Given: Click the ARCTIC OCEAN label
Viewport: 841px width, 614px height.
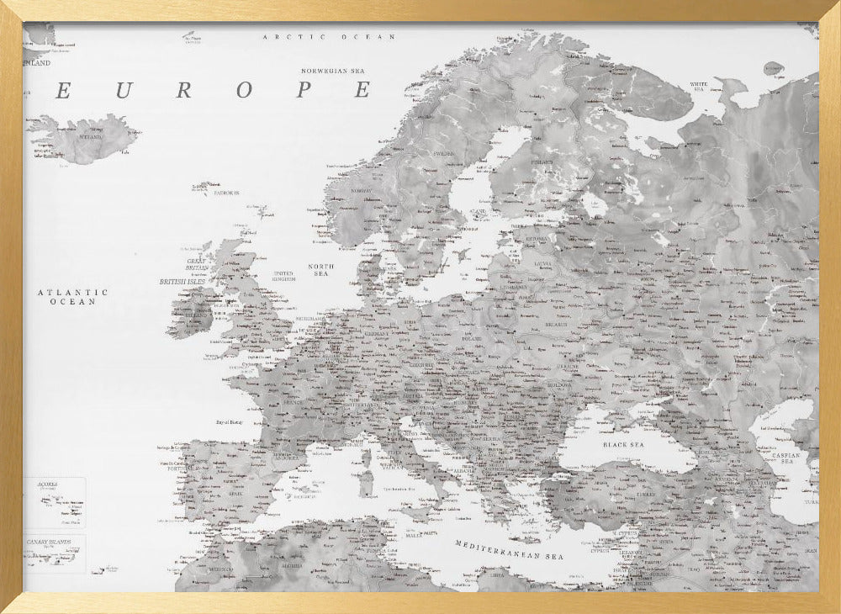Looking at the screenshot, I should click(329, 37).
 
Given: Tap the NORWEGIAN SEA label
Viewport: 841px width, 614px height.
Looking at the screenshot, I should click(337, 71).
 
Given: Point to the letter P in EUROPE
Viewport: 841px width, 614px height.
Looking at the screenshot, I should click(304, 91).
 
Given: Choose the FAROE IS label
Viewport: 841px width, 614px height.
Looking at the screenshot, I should click(226, 193).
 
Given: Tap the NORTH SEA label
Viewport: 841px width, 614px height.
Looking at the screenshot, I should click(321, 270).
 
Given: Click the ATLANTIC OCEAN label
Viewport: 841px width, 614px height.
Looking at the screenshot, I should click(72, 296).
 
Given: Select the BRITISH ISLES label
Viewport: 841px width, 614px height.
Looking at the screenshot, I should click(184, 282).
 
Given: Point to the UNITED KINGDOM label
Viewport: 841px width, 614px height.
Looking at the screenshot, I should click(284, 276).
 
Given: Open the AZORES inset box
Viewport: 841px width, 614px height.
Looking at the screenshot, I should click(55, 502).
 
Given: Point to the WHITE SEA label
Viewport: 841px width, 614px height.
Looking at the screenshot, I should click(700, 85).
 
